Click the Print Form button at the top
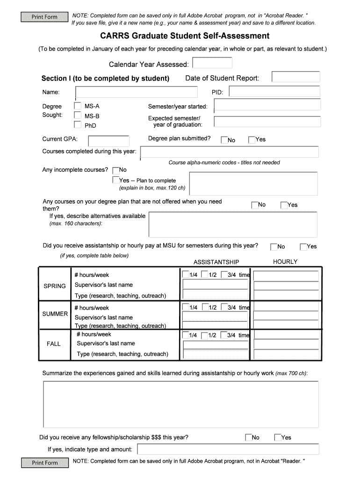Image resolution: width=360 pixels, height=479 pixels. [44, 17]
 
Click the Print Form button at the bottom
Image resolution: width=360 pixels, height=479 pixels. [44, 463]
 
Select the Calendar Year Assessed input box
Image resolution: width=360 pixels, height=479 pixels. [212, 63]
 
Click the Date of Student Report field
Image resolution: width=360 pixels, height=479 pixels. [295, 77]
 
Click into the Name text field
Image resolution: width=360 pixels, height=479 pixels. [137, 92]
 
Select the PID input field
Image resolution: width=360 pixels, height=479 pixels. [274, 92]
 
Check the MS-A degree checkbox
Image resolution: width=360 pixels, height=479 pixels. [78, 106]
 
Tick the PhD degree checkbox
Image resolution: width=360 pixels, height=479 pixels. [78, 125]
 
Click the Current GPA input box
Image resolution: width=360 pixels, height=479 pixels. [108, 140]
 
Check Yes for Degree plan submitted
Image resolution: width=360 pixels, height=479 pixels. [252, 139]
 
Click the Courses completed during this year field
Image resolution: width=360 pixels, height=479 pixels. [229, 152]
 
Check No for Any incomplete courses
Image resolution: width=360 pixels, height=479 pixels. [115, 170]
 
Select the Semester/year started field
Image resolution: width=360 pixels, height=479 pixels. [266, 106]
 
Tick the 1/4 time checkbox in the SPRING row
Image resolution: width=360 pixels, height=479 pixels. [186, 275]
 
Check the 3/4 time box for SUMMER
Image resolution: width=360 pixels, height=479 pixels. [223, 307]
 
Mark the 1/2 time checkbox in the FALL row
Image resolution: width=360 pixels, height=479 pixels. [204, 335]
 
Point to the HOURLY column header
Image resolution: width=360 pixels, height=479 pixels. [285, 262]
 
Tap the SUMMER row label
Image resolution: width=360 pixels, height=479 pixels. [55, 314]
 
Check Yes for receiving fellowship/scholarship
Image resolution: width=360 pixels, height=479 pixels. [278, 437]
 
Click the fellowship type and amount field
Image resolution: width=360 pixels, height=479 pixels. [228, 449]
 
